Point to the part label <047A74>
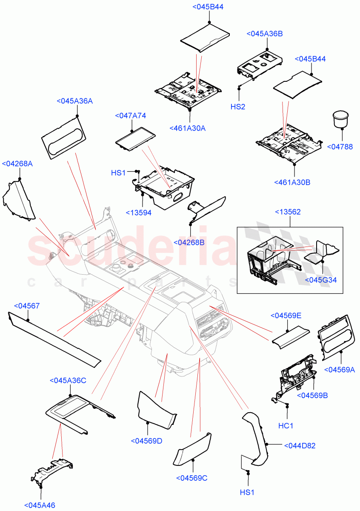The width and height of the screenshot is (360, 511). pos(131,116)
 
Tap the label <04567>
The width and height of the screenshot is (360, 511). pos(27,306)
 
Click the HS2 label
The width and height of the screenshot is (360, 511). pos(238,107)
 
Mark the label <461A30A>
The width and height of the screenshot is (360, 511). pos(187,128)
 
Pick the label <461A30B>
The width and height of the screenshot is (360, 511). pos(292,182)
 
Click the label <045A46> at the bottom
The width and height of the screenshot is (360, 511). pos(40,505)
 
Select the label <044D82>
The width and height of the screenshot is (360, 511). pos(300,446)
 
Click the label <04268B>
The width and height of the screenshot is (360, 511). pos(189,242)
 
